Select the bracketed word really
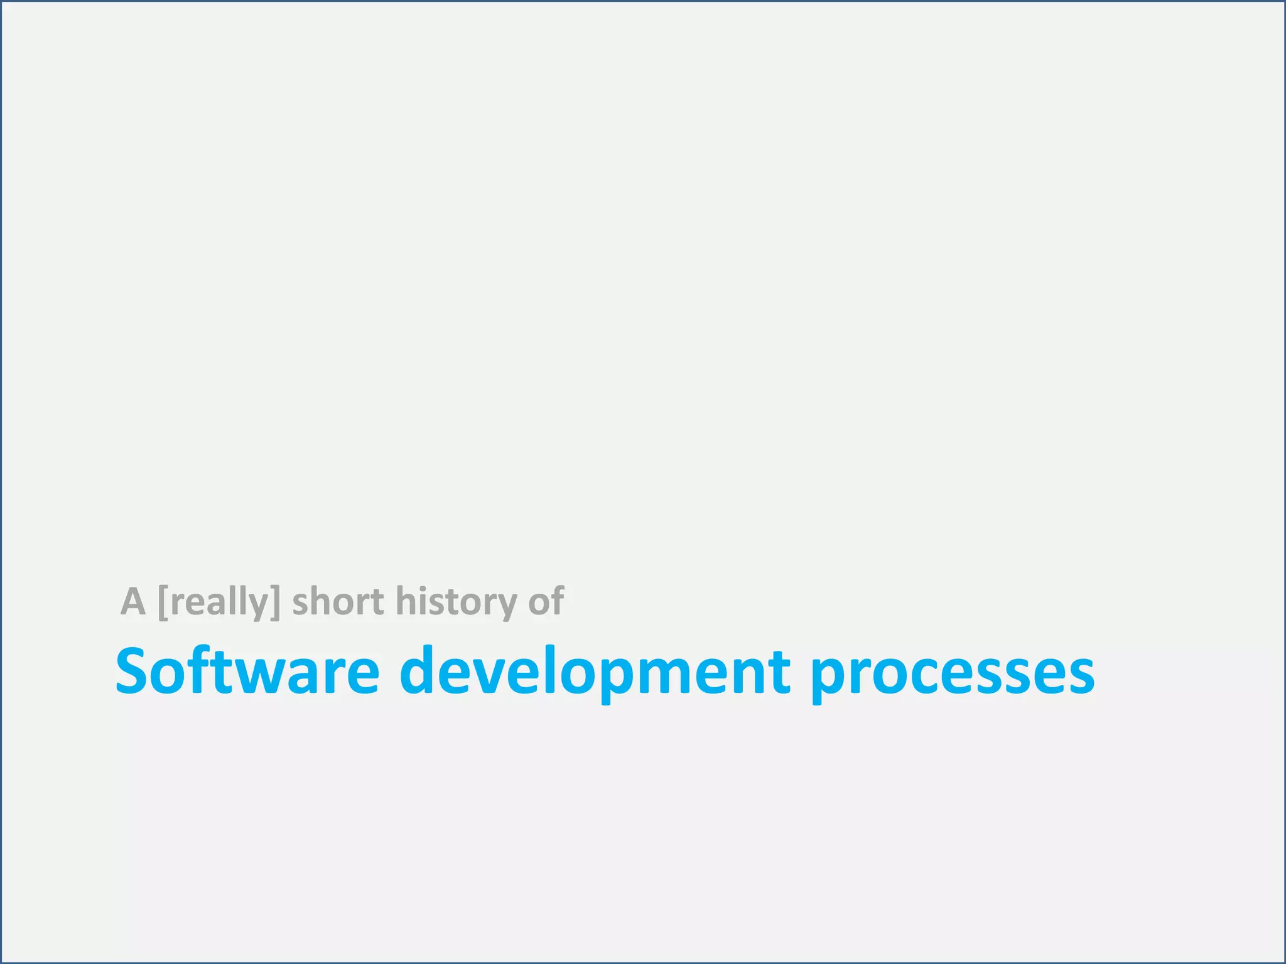(x=219, y=602)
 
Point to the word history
(x=456, y=602)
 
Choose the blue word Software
(x=247, y=671)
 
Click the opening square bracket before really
(x=163, y=602)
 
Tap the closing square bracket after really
(x=275, y=602)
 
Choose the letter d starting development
(x=421, y=671)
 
